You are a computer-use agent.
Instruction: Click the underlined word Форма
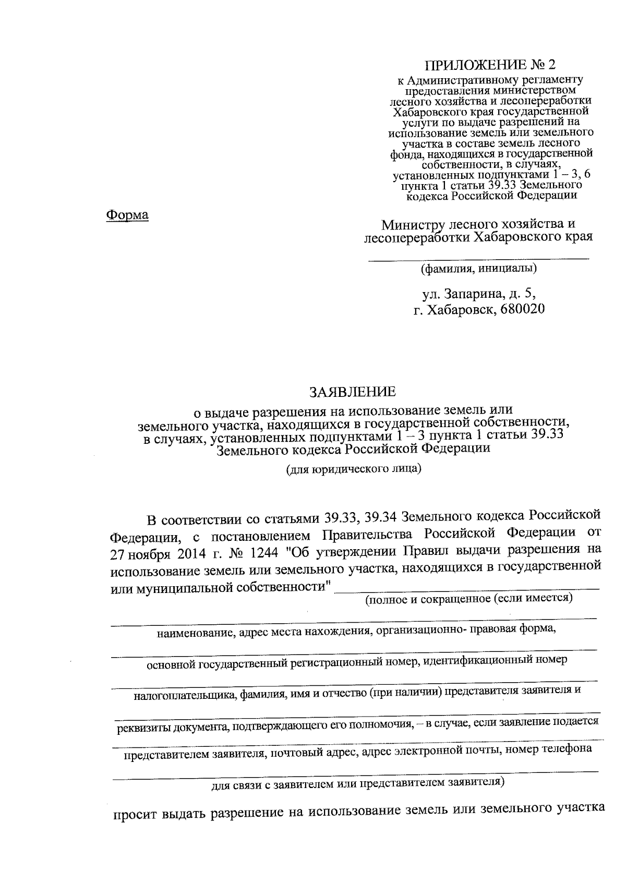[127, 214]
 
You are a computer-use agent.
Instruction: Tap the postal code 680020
[522, 309]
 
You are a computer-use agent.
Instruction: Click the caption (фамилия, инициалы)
[478, 270]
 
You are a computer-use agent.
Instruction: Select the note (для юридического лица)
[353, 468]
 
